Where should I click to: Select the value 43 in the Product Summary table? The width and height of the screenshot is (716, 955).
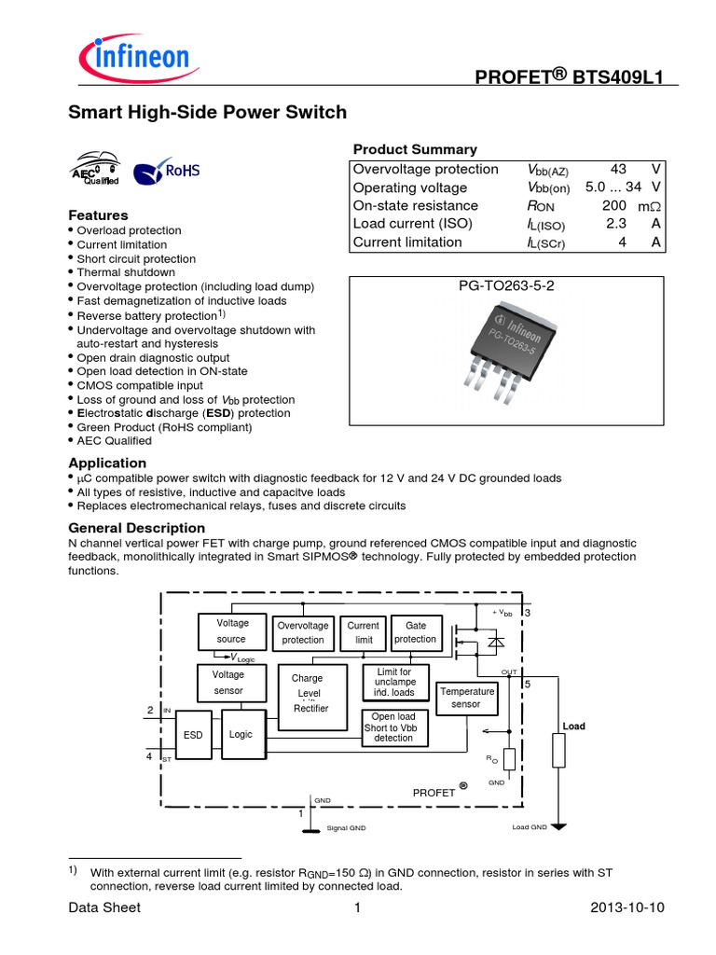pyautogui.click(x=618, y=169)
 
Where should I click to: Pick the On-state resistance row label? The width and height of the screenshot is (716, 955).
pyautogui.click(x=416, y=205)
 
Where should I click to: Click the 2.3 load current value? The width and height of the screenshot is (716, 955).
pyautogui.click(x=616, y=224)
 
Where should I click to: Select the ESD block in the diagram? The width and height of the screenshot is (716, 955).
pyautogui.click(x=193, y=735)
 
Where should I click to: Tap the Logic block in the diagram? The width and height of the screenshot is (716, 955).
pyautogui.click(x=241, y=734)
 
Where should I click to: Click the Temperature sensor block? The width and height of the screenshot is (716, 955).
pyautogui.click(x=465, y=698)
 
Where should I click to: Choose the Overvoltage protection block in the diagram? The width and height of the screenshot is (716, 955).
pyautogui.click(x=303, y=632)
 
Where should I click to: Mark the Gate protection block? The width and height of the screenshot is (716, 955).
pyautogui.click(x=415, y=631)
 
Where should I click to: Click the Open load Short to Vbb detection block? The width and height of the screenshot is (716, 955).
pyautogui.click(x=393, y=727)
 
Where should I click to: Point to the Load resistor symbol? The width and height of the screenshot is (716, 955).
pyautogui.click(x=558, y=751)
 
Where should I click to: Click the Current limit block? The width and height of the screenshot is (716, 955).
pyautogui.click(x=363, y=632)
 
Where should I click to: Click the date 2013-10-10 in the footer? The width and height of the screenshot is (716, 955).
pyautogui.click(x=627, y=907)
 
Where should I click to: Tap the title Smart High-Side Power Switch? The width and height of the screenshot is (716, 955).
pyautogui.click(x=208, y=113)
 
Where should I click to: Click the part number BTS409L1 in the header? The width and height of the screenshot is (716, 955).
pyautogui.click(x=616, y=78)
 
